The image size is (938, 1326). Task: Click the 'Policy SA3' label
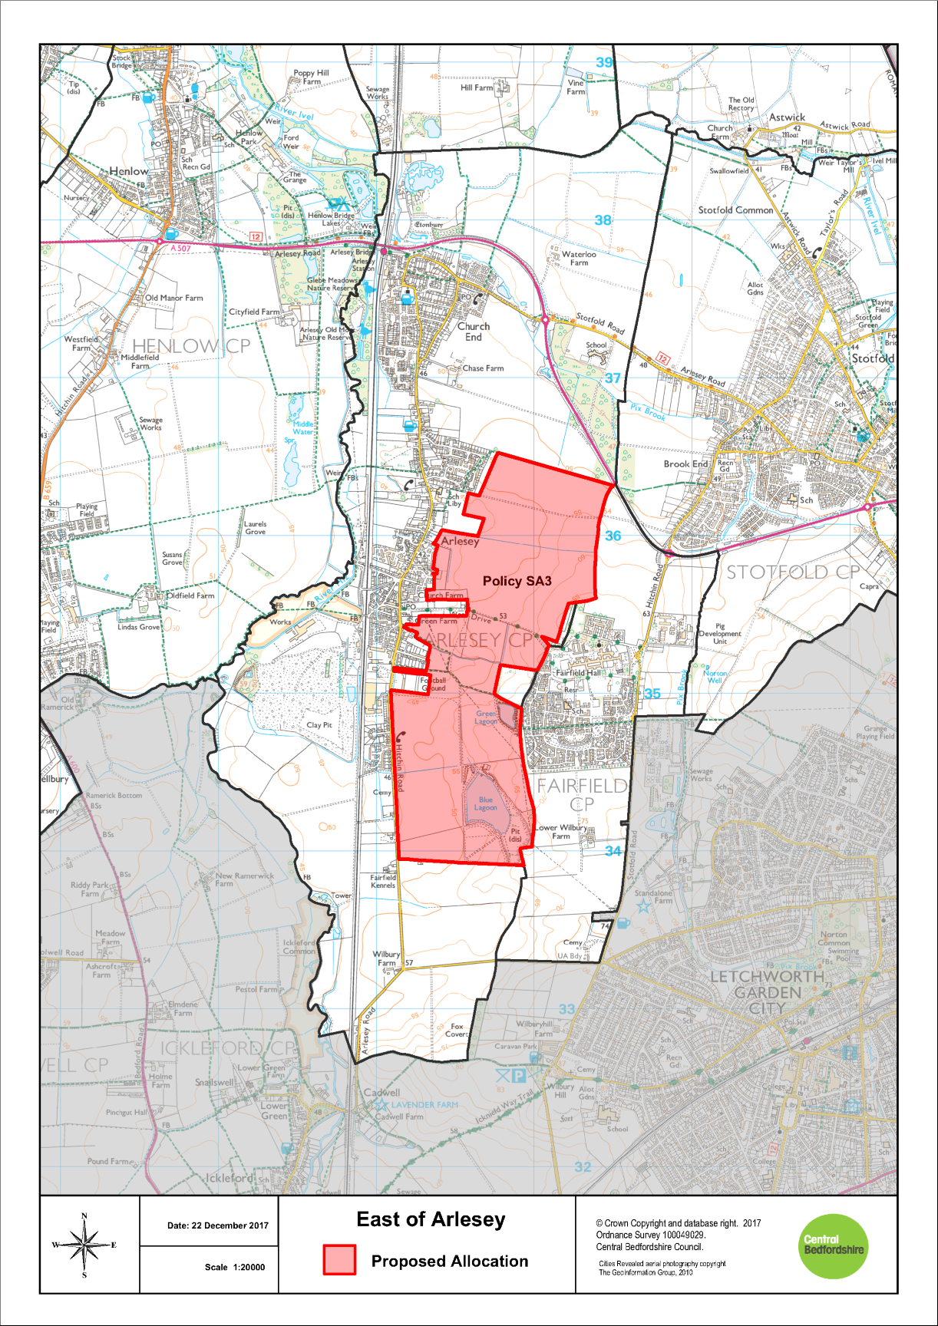pyautogui.click(x=517, y=581)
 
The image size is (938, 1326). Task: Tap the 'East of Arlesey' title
pyautogui.click(x=431, y=1219)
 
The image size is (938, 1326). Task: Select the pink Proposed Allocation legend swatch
pyautogui.click(x=339, y=1260)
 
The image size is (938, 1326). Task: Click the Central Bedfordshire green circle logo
pyautogui.click(x=834, y=1246)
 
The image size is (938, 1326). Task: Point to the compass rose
pyautogui.click(x=84, y=1245)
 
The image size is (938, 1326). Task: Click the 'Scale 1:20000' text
pyautogui.click(x=234, y=1267)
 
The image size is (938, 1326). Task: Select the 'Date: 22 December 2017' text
pyautogui.click(x=217, y=1225)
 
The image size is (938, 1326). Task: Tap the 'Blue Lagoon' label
pyautogui.click(x=486, y=803)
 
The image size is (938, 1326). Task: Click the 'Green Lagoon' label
pyautogui.click(x=486, y=717)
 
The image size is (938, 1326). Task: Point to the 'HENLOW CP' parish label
pyautogui.click(x=191, y=347)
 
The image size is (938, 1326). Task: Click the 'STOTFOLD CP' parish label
pyautogui.click(x=793, y=572)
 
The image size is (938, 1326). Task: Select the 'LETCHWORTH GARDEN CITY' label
pyautogui.click(x=767, y=992)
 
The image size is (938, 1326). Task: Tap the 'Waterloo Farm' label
pyautogui.click(x=579, y=259)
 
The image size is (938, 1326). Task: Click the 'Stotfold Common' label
pyautogui.click(x=735, y=210)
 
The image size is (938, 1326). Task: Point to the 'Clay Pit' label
pyautogui.click(x=319, y=724)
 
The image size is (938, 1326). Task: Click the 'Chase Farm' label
pyautogui.click(x=483, y=368)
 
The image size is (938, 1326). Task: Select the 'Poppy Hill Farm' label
pyautogui.click(x=311, y=77)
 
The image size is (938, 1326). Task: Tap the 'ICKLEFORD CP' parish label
pyautogui.click(x=226, y=1048)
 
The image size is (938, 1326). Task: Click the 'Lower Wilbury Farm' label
pyautogui.click(x=561, y=832)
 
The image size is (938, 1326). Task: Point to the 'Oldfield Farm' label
pyautogui.click(x=190, y=595)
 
